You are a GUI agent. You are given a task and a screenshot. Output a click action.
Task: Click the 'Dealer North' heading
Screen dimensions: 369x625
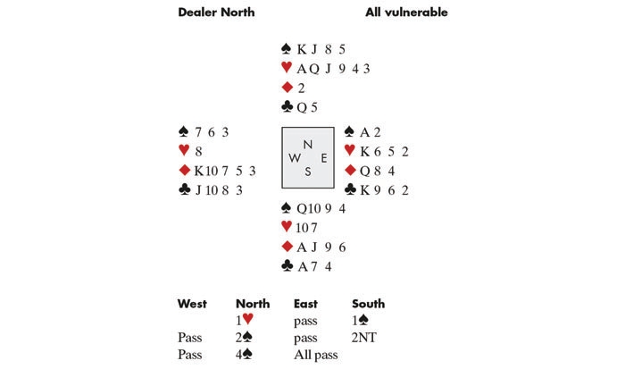click(x=216, y=12)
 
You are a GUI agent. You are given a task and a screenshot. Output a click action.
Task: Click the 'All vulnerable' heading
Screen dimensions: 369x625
click(x=406, y=12)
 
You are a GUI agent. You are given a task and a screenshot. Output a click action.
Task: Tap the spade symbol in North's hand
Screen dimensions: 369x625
click(x=287, y=49)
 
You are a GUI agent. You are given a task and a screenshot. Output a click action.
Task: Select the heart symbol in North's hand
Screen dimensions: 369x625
click(x=287, y=68)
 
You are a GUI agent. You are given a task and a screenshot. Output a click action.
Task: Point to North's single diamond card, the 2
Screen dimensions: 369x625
click(x=300, y=88)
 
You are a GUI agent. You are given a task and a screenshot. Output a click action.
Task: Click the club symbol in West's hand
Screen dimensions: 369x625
click(x=184, y=189)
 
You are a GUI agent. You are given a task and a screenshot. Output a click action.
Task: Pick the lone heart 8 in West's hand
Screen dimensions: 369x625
click(x=197, y=152)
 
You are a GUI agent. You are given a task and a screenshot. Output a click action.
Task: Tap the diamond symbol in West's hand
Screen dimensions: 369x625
click(x=184, y=171)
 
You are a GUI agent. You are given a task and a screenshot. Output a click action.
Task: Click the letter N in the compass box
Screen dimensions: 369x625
click(x=308, y=145)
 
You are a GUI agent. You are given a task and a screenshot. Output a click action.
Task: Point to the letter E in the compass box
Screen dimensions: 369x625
click(x=321, y=159)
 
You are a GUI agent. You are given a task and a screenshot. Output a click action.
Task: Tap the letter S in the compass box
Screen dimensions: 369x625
click(x=308, y=172)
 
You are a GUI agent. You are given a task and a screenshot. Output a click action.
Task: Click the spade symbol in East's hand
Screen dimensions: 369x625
click(x=349, y=132)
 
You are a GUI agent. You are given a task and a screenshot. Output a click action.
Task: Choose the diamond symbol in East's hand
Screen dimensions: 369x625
click(x=349, y=171)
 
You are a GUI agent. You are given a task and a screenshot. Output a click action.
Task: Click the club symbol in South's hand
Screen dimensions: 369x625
click(x=287, y=265)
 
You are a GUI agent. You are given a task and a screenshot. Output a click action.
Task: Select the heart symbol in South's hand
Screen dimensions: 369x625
click(x=287, y=228)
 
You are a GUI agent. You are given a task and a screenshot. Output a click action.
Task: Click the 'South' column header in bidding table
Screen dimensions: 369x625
click(x=368, y=305)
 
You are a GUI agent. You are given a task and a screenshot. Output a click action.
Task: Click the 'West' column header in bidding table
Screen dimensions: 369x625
click(x=192, y=305)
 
